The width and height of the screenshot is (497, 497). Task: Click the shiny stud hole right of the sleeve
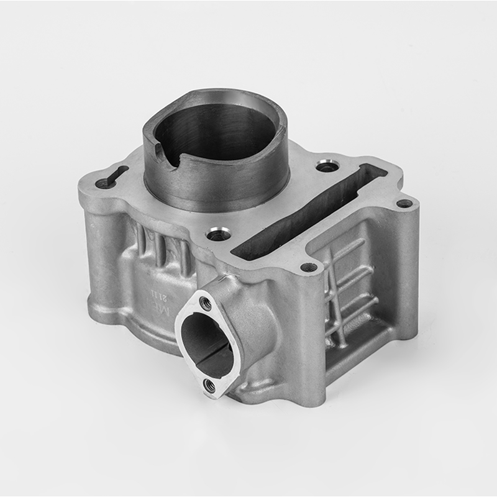coord(327,166)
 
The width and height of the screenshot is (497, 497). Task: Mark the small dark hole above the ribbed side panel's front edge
coord(309,268)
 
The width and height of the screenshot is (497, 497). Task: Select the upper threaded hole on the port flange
coord(206,304)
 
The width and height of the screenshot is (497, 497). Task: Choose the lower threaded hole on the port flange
coord(210,386)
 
